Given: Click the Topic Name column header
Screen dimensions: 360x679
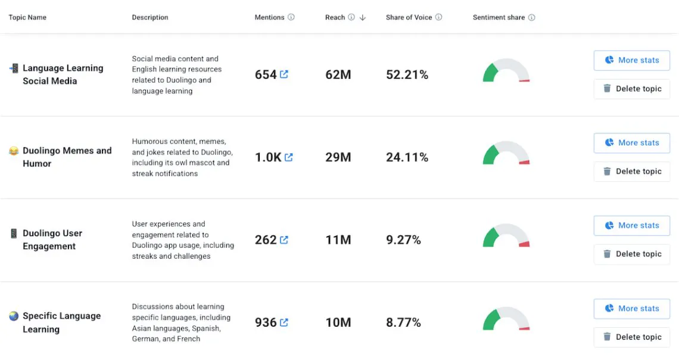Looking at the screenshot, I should (x=27, y=17).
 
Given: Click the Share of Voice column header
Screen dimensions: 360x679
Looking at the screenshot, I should (x=409, y=17).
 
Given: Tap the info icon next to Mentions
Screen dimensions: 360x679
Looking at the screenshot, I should (x=291, y=17).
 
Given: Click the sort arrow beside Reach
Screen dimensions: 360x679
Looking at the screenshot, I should (x=363, y=18).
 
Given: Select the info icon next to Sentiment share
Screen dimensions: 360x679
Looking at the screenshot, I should (x=531, y=17).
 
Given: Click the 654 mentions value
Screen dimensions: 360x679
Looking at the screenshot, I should (x=266, y=75).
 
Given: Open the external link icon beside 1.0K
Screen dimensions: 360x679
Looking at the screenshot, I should (x=289, y=157).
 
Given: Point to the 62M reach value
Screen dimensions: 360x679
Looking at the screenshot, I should (x=338, y=75).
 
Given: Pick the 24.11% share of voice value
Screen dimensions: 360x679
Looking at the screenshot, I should (x=407, y=157).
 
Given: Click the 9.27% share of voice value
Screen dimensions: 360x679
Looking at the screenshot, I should (x=403, y=240).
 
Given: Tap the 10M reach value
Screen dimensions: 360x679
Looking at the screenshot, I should (x=338, y=322).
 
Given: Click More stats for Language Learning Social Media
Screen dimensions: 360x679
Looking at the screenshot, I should (x=632, y=60).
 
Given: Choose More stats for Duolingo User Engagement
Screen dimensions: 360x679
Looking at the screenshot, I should (x=632, y=225).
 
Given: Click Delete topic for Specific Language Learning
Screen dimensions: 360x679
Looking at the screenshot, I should (x=632, y=337).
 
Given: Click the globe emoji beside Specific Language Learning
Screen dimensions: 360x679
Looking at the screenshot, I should (x=14, y=316).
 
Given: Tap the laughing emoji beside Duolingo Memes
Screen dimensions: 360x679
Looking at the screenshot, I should (x=14, y=151).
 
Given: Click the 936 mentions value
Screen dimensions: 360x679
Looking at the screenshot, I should (x=266, y=322).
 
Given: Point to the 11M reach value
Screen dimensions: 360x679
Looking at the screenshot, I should (x=338, y=240).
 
